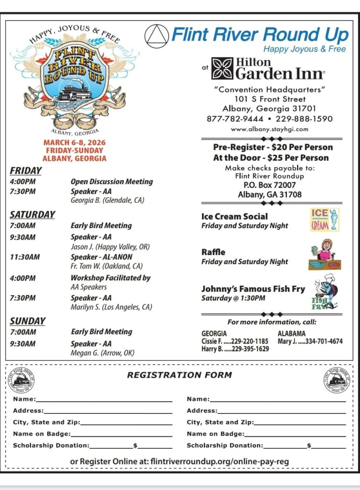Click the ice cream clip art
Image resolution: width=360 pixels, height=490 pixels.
(324, 220)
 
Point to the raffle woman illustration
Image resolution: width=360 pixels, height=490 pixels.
(324, 255)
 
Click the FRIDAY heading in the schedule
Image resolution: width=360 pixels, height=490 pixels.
(26, 171)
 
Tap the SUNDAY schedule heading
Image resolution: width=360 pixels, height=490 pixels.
(28, 321)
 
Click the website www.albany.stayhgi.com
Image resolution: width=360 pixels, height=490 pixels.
(270, 129)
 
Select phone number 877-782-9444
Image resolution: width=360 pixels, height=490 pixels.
(235, 119)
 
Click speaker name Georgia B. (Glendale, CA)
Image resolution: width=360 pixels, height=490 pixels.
(107, 200)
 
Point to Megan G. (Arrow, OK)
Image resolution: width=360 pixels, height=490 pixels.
(102, 353)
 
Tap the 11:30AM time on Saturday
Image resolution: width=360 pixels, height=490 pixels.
(25, 257)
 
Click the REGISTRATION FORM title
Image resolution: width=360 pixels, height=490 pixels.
(179, 375)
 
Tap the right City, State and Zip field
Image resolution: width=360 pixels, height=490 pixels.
(299, 423)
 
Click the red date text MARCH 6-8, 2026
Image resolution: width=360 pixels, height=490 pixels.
(74, 143)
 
